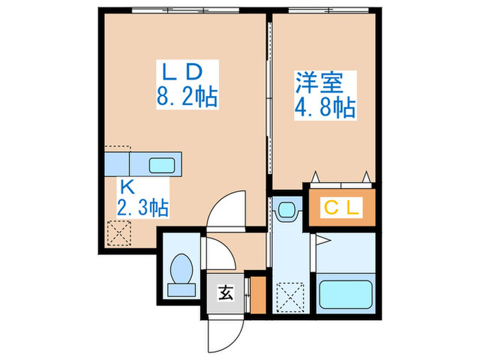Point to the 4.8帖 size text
point(326,108)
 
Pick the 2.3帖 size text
point(143,206)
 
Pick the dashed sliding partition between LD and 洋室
point(269,103)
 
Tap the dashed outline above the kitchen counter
point(118,148)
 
